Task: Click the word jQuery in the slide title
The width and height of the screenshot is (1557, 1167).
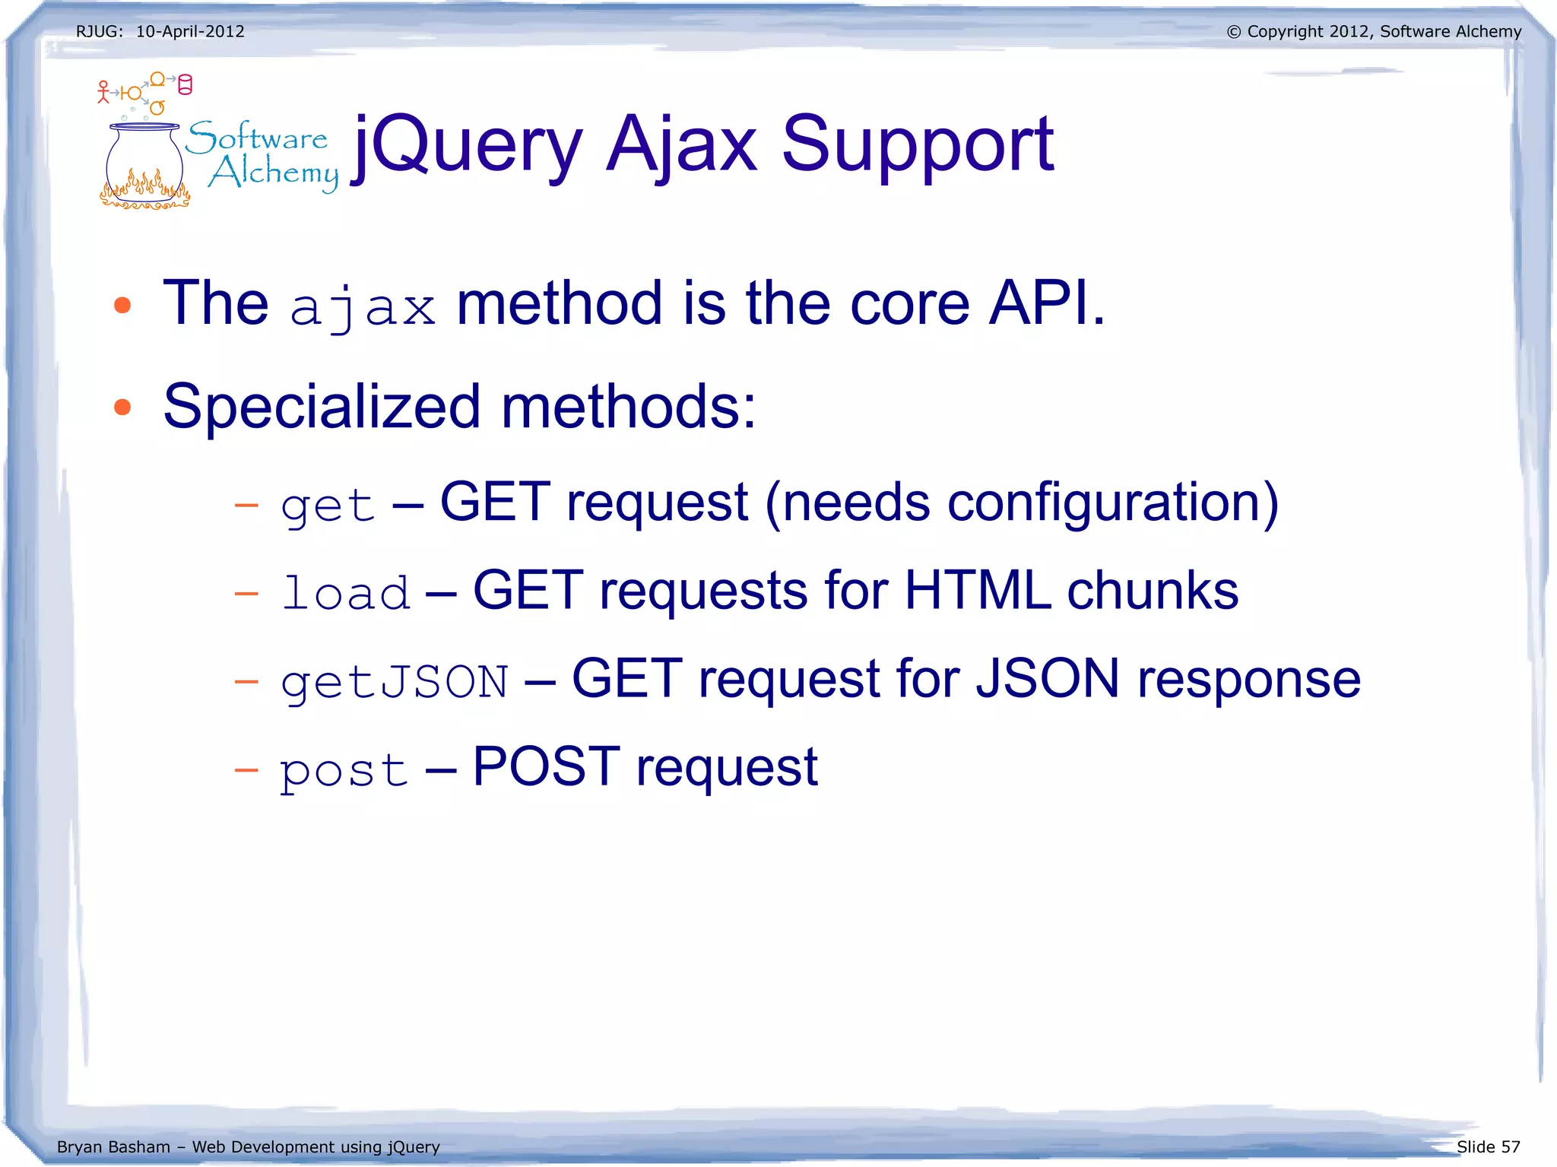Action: (x=468, y=144)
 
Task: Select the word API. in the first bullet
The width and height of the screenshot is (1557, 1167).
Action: (x=1048, y=303)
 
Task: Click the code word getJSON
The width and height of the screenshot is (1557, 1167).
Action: (x=394, y=681)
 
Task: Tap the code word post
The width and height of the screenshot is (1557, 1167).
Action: (x=344, y=770)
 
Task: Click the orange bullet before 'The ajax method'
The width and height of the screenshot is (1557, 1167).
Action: (x=122, y=306)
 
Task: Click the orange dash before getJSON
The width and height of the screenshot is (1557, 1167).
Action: (x=246, y=681)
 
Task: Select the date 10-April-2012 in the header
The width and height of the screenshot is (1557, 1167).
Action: (x=190, y=32)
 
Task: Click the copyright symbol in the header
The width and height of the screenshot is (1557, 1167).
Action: (x=1233, y=32)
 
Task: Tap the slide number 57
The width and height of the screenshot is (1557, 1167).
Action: (x=1510, y=1146)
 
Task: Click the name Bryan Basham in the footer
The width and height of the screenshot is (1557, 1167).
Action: (x=113, y=1146)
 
